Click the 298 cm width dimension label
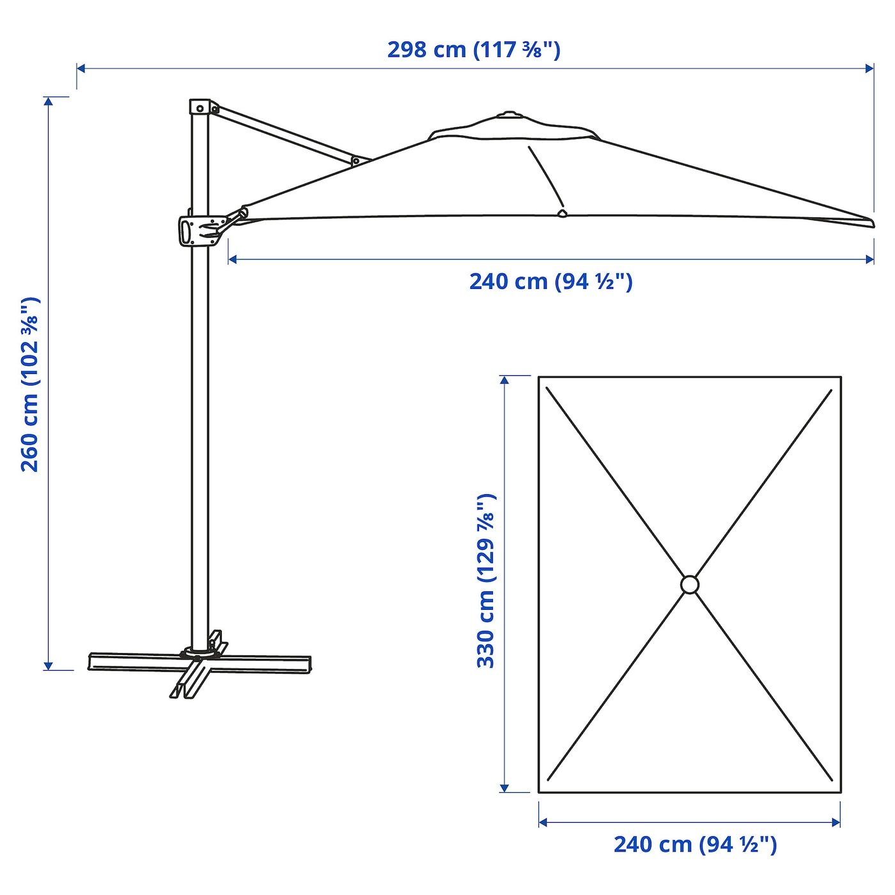474,50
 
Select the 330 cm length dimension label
486,581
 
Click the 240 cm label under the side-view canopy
551,281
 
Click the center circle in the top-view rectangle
690,584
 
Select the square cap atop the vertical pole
199,107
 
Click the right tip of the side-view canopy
874,224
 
